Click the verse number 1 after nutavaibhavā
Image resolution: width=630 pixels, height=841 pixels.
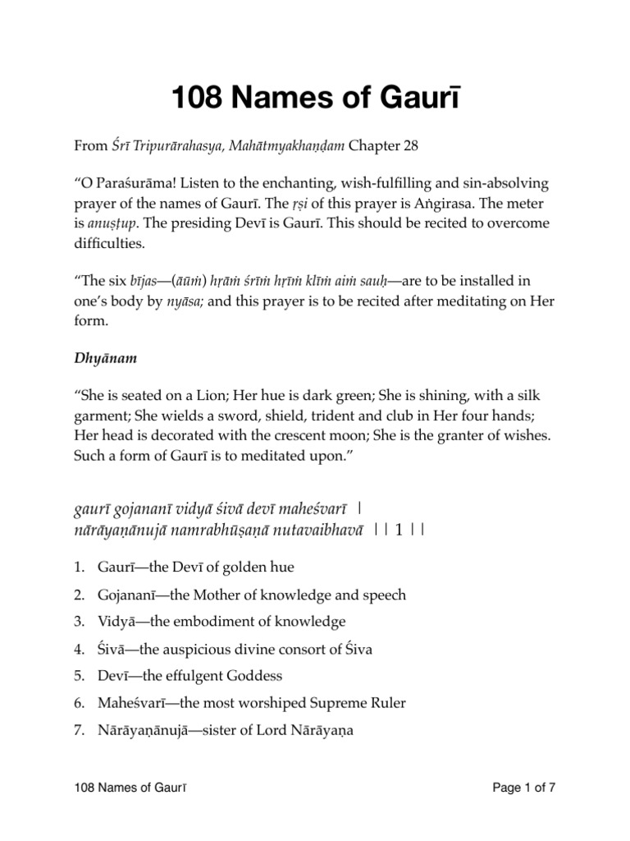tap(399, 529)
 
